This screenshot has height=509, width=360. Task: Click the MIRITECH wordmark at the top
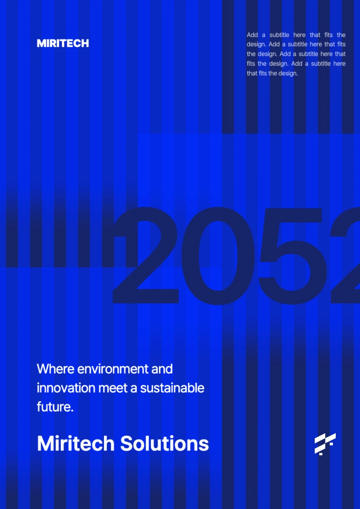click(x=63, y=43)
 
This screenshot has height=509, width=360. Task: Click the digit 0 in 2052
click(x=218, y=256)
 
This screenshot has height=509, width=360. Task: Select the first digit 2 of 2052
click(x=145, y=255)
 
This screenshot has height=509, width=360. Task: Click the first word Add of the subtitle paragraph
click(x=252, y=35)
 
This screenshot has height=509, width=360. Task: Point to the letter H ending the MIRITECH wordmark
click(x=85, y=43)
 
